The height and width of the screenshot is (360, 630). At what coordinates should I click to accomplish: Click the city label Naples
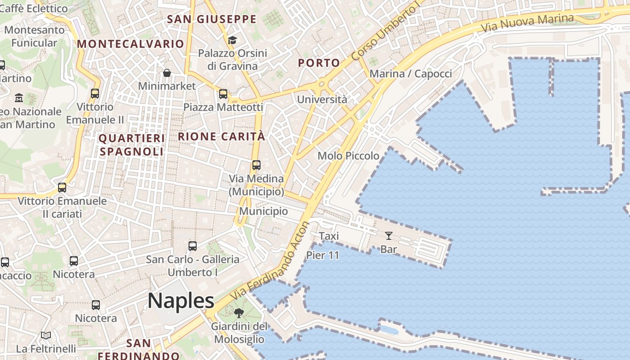(180, 301)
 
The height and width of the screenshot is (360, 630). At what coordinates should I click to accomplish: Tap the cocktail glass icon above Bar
(389, 235)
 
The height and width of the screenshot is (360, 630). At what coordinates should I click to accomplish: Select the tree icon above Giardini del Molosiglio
(239, 313)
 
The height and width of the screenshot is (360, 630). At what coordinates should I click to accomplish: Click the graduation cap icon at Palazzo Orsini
(232, 40)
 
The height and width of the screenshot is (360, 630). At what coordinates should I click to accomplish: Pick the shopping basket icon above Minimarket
(167, 73)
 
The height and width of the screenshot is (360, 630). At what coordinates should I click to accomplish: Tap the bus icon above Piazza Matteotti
(223, 94)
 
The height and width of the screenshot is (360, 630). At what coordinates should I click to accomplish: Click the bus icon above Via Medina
(256, 165)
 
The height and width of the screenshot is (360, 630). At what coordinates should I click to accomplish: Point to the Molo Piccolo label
(348, 156)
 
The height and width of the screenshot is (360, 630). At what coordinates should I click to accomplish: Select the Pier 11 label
(323, 255)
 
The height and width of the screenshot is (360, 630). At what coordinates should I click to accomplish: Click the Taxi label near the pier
(328, 236)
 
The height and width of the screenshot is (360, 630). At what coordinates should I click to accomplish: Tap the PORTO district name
(319, 63)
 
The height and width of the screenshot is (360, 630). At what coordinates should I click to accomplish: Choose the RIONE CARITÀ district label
(221, 136)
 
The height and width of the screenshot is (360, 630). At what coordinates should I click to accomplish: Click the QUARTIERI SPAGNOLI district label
(131, 145)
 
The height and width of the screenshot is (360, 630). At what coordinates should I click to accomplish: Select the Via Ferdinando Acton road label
(270, 261)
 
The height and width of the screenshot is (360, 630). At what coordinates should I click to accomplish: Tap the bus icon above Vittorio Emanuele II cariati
(62, 188)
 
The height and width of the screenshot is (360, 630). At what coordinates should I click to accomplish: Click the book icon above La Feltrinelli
(46, 335)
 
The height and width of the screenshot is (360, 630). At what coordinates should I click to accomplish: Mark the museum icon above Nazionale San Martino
(19, 98)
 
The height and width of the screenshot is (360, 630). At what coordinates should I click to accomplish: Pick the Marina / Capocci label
(410, 74)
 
